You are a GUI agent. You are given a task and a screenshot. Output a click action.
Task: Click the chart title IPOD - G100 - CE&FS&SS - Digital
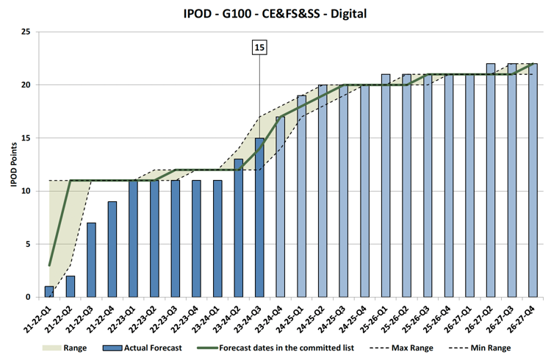pos(275,13)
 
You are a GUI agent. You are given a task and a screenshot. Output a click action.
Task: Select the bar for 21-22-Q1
pos(49,292)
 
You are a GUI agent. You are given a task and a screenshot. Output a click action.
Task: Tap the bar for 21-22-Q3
pos(91,260)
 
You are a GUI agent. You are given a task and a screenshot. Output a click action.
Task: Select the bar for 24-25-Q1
pos(301,196)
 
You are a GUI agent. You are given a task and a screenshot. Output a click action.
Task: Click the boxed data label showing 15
pos(259,48)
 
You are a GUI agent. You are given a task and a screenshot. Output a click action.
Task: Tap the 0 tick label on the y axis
pos(27,297)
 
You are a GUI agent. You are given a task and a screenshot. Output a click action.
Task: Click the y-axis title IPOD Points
pos(13,165)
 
